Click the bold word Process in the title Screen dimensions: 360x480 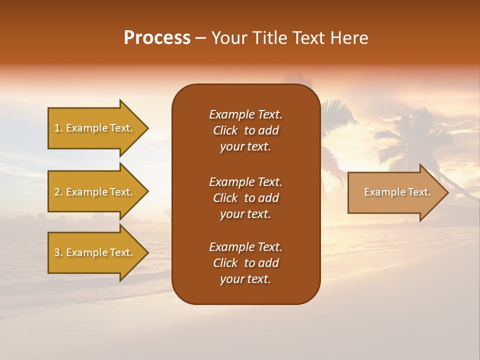pyautogui.click(x=157, y=38)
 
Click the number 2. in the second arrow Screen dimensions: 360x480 pyautogui.click(x=58, y=192)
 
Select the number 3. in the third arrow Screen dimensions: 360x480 pyautogui.click(x=58, y=252)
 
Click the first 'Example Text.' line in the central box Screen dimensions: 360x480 pyautogui.click(x=245, y=114)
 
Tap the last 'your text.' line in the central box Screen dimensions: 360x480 pyautogui.click(x=245, y=279)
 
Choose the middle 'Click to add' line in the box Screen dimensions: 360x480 pyautogui.click(x=245, y=198)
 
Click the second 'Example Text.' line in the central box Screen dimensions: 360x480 pyautogui.click(x=245, y=181)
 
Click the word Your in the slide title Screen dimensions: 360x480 pyautogui.click(x=228, y=38)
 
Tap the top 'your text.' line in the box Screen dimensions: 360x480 pyautogui.click(x=245, y=147)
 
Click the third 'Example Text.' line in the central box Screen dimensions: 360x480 pyautogui.click(x=245, y=247)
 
